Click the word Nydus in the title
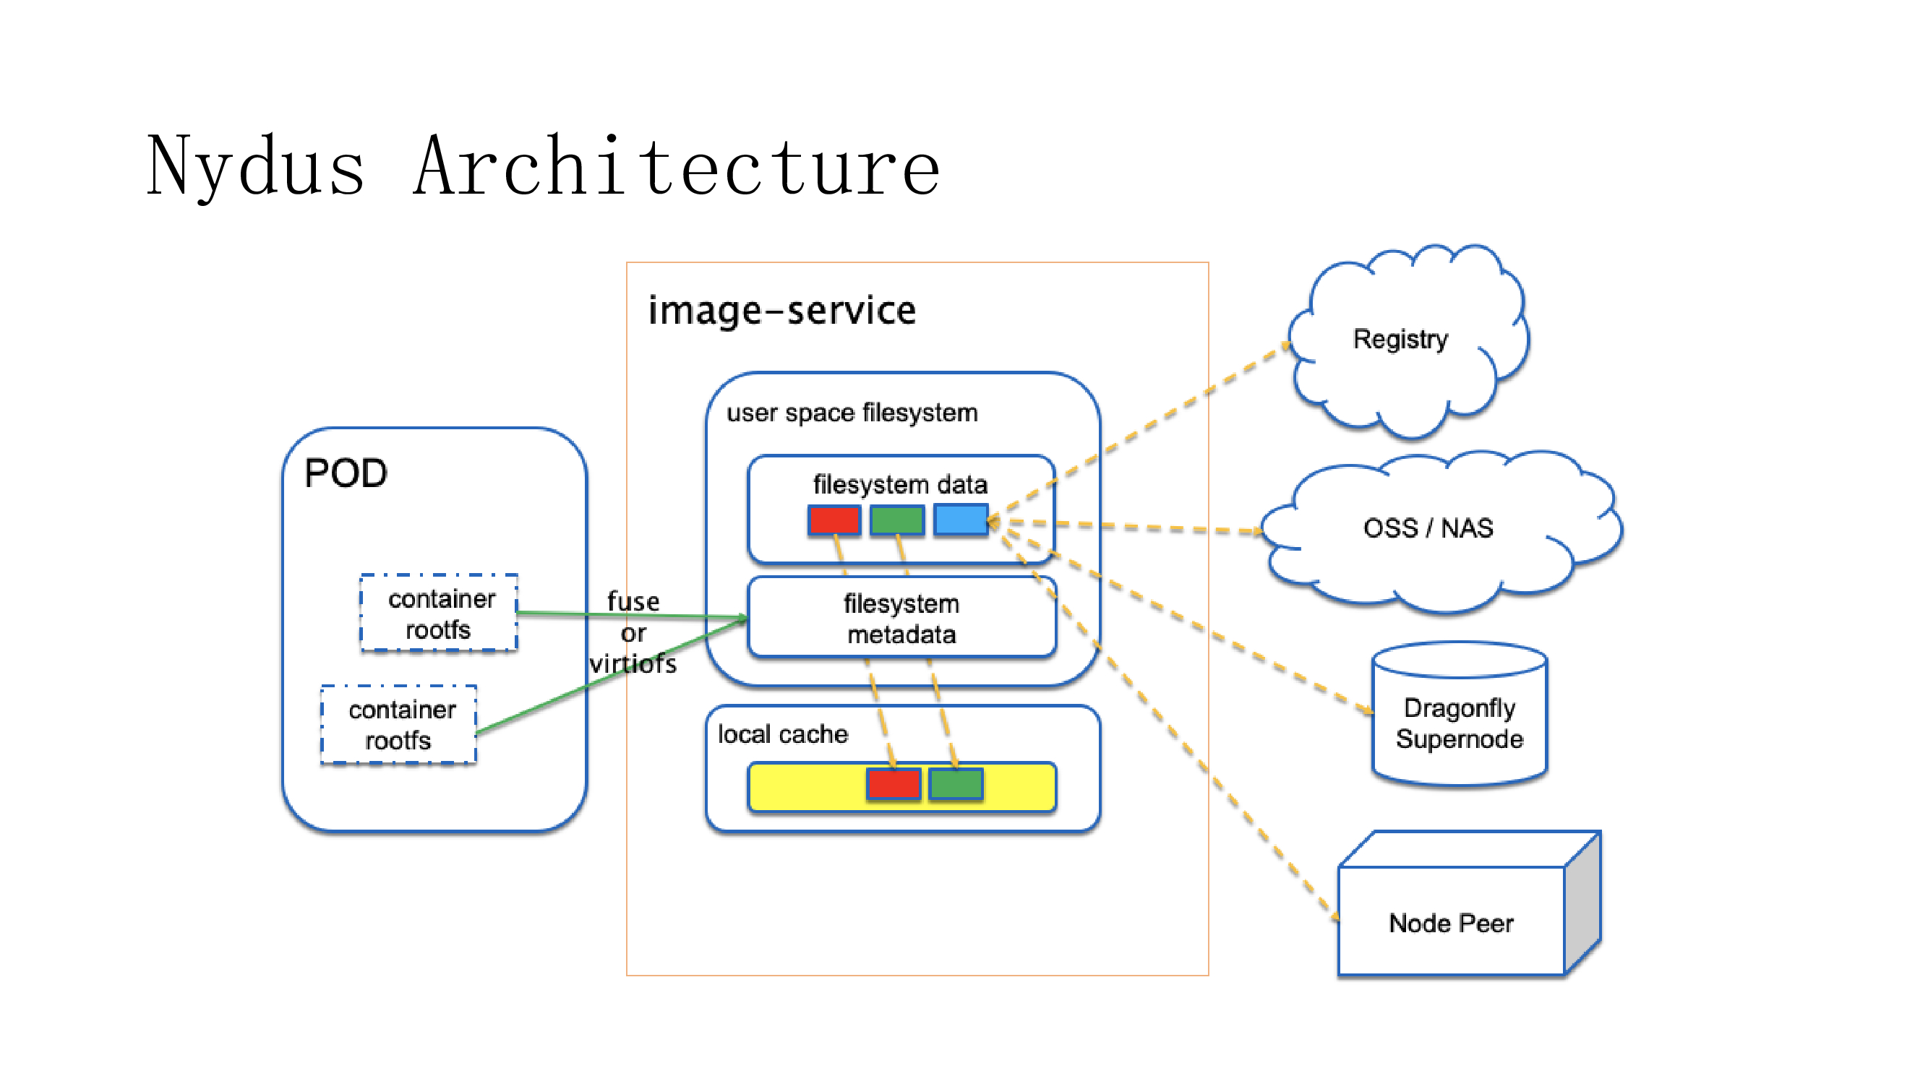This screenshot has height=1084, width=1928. point(255,167)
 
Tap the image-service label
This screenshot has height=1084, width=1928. point(781,311)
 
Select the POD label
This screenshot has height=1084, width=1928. point(346,473)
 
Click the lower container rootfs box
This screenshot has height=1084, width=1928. point(400,725)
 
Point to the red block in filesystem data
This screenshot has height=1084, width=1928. point(834,520)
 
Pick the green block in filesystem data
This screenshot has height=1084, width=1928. point(896,520)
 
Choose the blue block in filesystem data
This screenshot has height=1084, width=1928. point(961,520)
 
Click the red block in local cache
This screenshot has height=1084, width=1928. point(893,784)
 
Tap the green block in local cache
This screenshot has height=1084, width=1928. point(956,784)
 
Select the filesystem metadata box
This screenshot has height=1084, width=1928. point(901,619)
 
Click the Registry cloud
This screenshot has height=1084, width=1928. point(1400,340)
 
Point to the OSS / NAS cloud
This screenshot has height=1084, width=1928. point(1428,528)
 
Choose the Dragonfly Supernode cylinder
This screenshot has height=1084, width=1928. point(1460,723)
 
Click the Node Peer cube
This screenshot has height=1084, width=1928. point(1451,923)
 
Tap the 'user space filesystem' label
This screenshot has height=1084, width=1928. point(852,413)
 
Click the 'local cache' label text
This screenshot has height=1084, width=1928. point(783,734)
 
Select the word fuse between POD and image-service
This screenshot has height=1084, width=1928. point(633,601)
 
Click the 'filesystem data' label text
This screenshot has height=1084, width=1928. point(900,485)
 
